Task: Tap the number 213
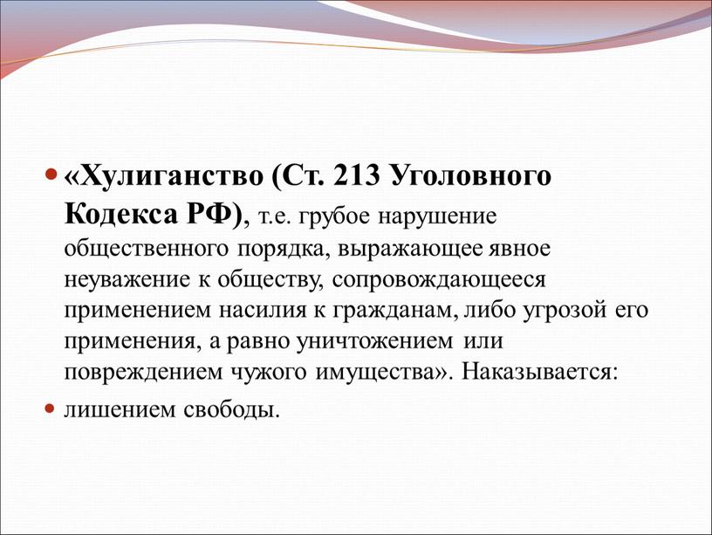pos(356,175)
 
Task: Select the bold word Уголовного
pos(471,176)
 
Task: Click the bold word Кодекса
pos(121,215)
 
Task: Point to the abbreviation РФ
pos(209,214)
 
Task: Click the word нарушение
pos(438,217)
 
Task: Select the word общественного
pos(147,249)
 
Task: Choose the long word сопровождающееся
pos(439,280)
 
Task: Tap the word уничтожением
pos(375,341)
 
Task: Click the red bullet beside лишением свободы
pos(50,408)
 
